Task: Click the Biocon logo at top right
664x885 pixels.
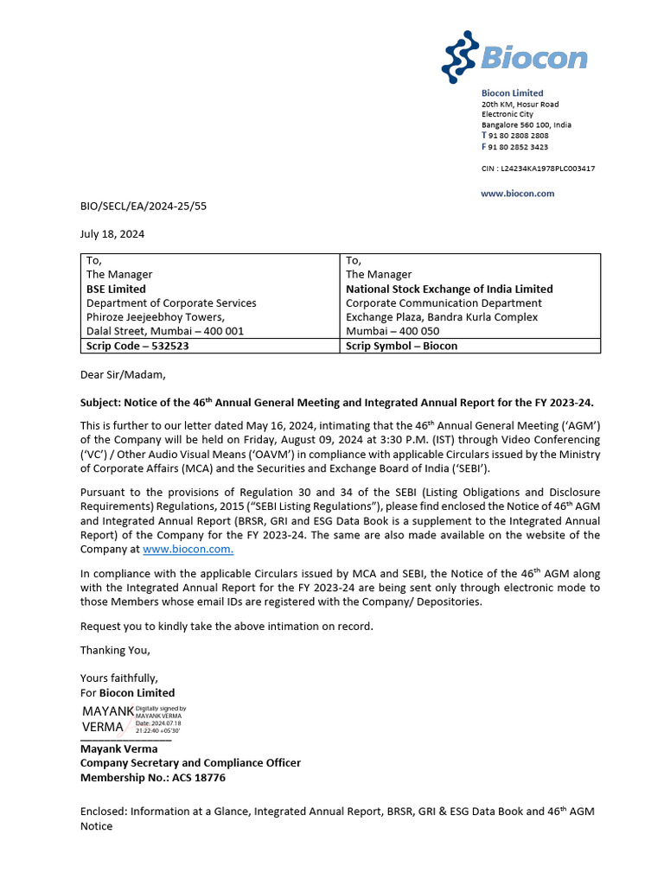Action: coord(514,56)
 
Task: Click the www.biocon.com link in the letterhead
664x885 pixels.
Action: coord(517,194)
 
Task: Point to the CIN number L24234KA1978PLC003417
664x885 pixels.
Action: coord(538,169)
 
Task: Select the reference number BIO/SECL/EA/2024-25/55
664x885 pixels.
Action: coord(143,207)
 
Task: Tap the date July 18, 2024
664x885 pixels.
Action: coord(112,234)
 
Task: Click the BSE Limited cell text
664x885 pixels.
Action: coord(116,289)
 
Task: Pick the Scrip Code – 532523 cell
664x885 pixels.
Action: coord(137,346)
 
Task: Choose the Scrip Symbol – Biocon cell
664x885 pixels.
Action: coord(401,346)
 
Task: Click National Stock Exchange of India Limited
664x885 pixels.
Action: coord(449,289)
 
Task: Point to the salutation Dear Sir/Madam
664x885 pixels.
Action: coord(122,374)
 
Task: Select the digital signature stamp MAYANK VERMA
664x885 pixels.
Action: coord(133,719)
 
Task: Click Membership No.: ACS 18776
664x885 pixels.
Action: coord(153,778)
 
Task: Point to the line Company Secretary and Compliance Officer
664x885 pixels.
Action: coord(190,763)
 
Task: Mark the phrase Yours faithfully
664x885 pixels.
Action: coord(119,678)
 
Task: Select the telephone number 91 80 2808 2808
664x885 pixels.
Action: coord(519,136)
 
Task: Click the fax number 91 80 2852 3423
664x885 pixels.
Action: coord(519,147)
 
